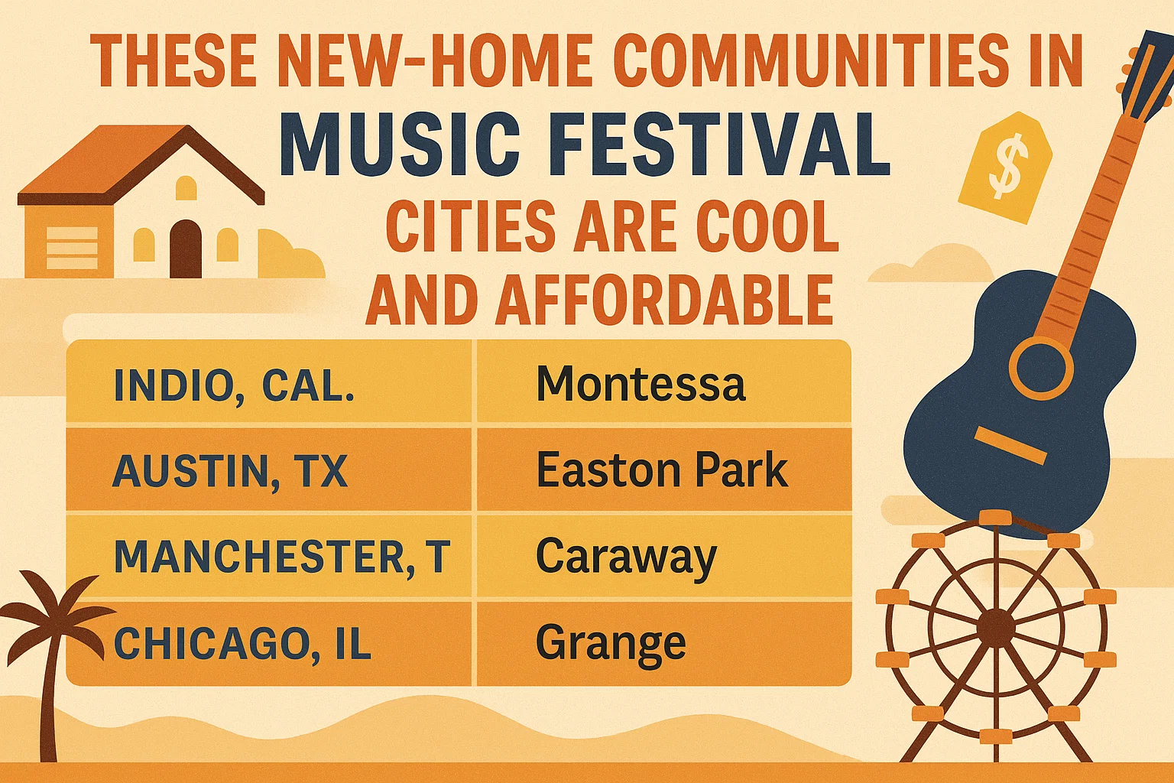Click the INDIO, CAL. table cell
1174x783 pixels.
click(233, 385)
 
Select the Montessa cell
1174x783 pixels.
click(641, 384)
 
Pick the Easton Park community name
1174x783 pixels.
click(661, 470)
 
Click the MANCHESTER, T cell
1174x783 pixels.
click(281, 557)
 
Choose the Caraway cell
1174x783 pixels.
click(626, 557)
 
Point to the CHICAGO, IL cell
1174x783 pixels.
click(242, 644)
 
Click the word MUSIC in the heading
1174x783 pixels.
click(401, 145)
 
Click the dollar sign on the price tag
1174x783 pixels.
click(1004, 169)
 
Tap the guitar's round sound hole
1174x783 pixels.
click(1041, 367)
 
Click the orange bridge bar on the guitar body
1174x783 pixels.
click(1010, 446)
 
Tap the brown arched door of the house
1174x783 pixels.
click(185, 249)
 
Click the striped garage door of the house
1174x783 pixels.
click(72, 249)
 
